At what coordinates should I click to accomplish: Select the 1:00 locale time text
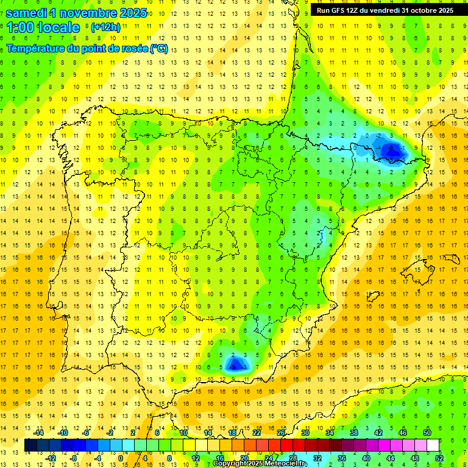click(43, 27)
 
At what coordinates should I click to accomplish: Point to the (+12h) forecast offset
click(105, 27)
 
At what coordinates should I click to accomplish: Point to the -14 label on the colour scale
click(39, 433)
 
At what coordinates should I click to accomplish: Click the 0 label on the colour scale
click(120, 458)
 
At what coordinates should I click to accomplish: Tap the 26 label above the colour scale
click(281, 433)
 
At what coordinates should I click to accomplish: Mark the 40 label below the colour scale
click(366, 458)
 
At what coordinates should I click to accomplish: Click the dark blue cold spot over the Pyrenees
click(394, 149)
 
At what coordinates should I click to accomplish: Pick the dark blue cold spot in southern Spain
click(235, 364)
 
